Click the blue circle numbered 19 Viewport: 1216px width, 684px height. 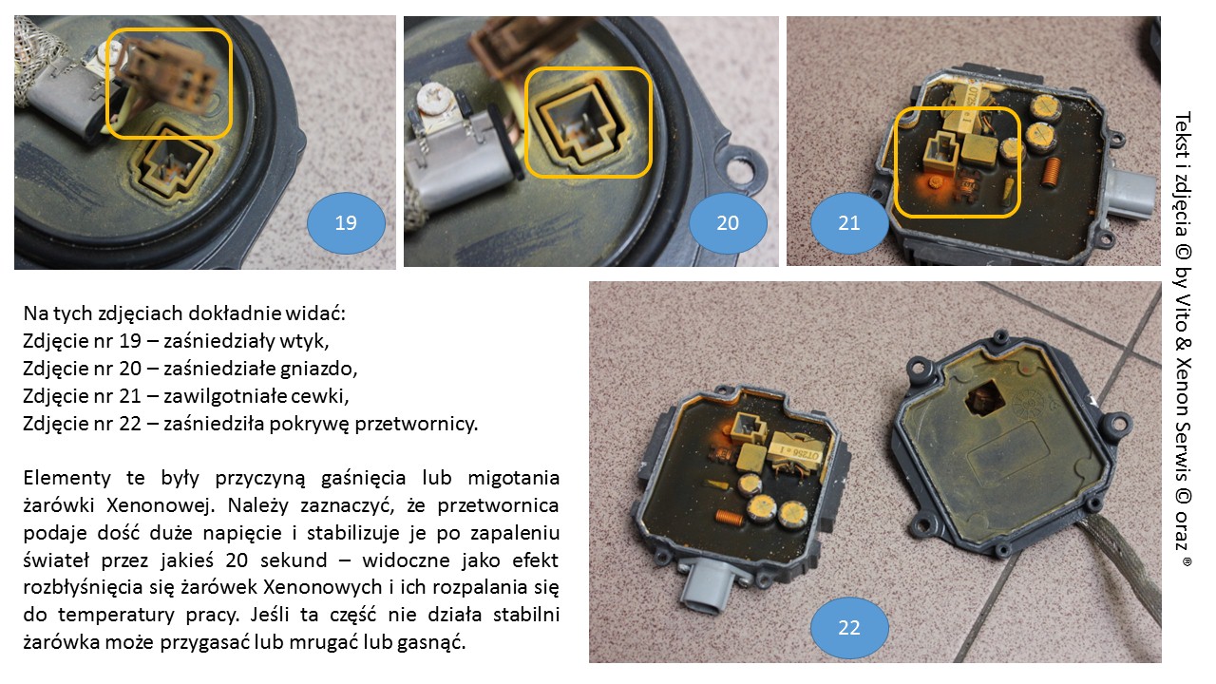click(x=346, y=223)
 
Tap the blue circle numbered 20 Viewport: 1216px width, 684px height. click(x=728, y=223)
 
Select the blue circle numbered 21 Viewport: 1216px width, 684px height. click(x=849, y=223)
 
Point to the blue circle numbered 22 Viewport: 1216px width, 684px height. click(x=849, y=628)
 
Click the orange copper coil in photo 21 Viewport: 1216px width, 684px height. click(x=1052, y=172)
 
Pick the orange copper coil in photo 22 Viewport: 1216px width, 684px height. click(x=729, y=517)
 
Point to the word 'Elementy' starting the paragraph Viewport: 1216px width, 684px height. click(x=66, y=478)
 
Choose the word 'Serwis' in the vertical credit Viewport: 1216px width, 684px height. click(x=1183, y=448)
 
